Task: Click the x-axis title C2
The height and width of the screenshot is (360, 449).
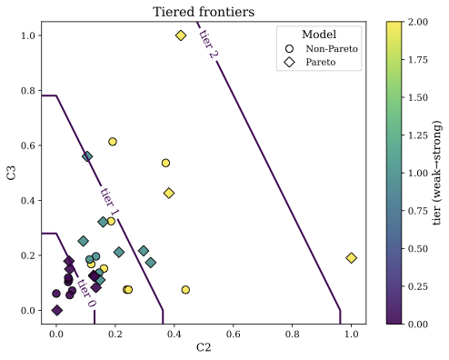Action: pos(204,347)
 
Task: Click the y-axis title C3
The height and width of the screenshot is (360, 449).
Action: pos(12,173)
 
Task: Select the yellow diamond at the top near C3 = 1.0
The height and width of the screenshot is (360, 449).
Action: pos(181,35)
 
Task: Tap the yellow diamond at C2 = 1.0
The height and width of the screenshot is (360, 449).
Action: pos(352,258)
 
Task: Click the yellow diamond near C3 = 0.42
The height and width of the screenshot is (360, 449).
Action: pos(169,194)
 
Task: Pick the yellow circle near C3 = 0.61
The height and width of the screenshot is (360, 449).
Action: pos(113,142)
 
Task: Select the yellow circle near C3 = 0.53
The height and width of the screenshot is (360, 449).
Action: pos(165,164)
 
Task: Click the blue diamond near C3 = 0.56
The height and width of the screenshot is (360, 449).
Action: pos(87,156)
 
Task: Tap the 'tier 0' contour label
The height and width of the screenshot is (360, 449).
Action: pos(85,293)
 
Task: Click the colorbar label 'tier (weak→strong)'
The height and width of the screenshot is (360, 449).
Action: pos(437,173)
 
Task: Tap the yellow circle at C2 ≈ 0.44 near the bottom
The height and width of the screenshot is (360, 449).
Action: pos(185,290)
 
